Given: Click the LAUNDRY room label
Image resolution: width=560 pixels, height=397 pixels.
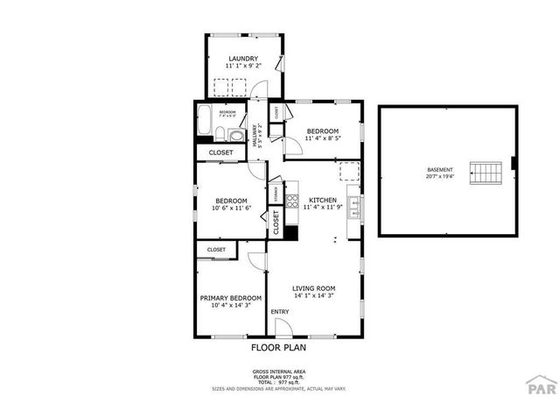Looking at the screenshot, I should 244,59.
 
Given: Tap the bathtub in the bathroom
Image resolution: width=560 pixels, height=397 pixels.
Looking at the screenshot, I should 203,122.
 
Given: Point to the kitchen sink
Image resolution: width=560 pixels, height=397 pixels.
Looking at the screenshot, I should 353,207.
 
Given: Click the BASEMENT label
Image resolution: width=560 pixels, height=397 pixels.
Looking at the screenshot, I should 440,169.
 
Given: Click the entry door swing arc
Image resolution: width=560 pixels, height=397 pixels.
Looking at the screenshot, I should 283,327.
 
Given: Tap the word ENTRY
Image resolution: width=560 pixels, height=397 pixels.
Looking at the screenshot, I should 280,312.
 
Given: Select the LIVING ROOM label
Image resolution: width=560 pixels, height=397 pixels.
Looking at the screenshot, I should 314,288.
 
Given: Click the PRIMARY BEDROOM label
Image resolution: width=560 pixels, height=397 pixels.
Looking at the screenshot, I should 231,298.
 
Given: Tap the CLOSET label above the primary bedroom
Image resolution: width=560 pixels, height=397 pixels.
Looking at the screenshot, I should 216,250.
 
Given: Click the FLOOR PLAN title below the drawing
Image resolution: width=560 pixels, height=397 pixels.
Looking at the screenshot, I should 279,347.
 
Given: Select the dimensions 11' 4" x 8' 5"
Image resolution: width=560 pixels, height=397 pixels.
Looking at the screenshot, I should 322,138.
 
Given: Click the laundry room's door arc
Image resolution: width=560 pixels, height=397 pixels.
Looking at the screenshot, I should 255,89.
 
